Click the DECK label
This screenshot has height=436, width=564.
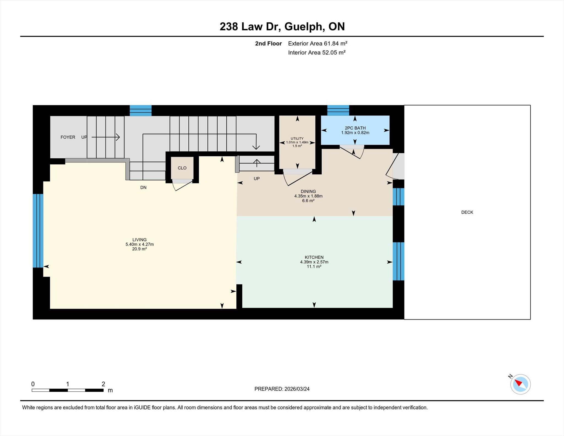(467, 212)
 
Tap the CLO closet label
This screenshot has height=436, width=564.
(182, 168)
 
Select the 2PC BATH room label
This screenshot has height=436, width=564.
(355, 128)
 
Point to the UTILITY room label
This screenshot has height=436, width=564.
(297, 139)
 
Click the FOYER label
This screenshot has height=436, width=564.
(68, 137)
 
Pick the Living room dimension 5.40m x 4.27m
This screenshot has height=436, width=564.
(140, 244)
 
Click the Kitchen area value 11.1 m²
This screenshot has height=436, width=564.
(314, 267)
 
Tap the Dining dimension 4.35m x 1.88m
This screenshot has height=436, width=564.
(308, 196)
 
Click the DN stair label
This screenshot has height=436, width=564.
(143, 188)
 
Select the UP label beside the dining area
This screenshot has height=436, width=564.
(257, 179)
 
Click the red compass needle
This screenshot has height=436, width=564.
(519, 383)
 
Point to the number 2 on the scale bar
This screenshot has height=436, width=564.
(103, 384)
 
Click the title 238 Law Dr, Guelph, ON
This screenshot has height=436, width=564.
(282, 26)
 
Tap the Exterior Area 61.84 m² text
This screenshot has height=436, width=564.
(318, 44)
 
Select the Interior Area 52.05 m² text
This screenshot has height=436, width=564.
(317, 53)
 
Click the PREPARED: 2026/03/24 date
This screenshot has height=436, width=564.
(282, 389)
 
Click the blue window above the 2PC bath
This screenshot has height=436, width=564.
(338, 110)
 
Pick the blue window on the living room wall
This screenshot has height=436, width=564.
(38, 231)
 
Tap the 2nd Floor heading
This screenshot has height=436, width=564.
(268, 44)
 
